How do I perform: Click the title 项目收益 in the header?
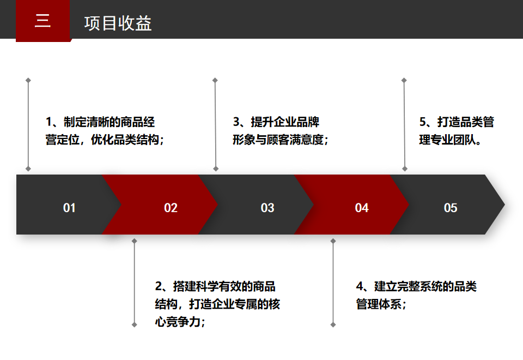click(118, 23)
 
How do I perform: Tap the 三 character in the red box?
click(42, 21)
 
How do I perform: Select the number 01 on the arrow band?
click(69, 208)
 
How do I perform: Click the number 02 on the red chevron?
click(171, 208)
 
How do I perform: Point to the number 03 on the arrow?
click(267, 208)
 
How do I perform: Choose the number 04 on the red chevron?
click(362, 208)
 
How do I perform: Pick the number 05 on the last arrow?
click(451, 208)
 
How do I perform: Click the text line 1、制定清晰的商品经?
click(100, 122)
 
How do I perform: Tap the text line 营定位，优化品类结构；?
click(105, 140)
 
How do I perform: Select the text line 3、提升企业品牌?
click(276, 122)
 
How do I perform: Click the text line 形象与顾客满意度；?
click(281, 140)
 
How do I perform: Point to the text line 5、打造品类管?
click(457, 122)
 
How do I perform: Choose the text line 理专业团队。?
click(451, 140)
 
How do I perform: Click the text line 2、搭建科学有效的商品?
click(215, 286)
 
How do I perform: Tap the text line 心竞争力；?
click(180, 322)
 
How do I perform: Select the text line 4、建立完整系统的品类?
click(416, 286)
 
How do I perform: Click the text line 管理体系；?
click(381, 304)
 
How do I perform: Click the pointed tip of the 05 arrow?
click(504, 205)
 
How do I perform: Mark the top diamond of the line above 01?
click(28, 81)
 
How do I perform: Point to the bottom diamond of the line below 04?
click(333, 325)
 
